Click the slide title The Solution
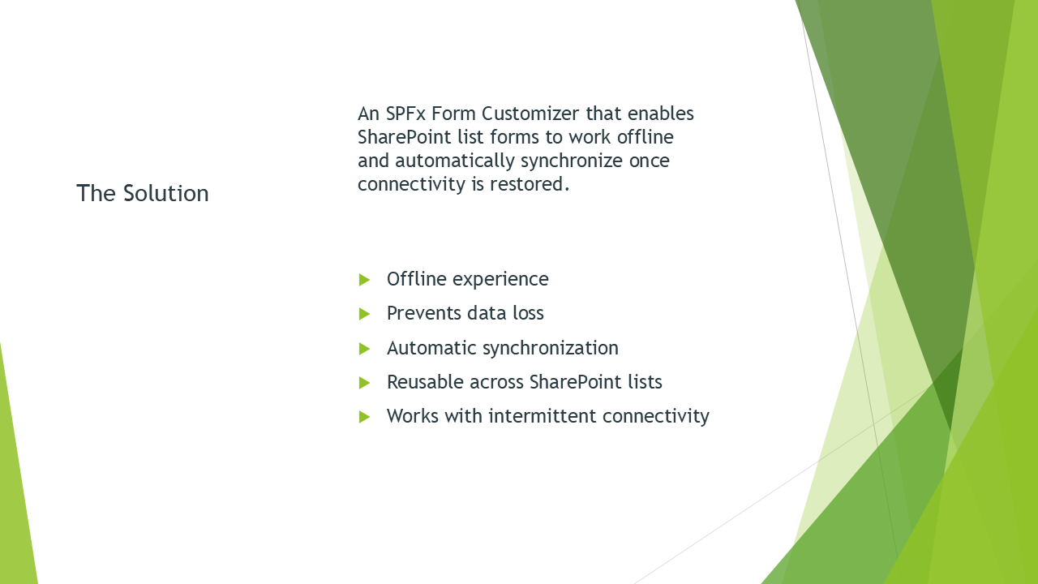143,193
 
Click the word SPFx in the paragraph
405,114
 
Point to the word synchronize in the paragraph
572,161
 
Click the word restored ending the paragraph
530,184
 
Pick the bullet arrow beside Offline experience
364,280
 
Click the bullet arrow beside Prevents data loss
364,314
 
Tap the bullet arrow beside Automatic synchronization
364,349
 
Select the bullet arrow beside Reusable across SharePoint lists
364,383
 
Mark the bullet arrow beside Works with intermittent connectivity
364,417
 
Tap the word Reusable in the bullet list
425,382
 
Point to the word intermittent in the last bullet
543,416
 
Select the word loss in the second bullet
528,313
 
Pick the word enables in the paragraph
661,114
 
